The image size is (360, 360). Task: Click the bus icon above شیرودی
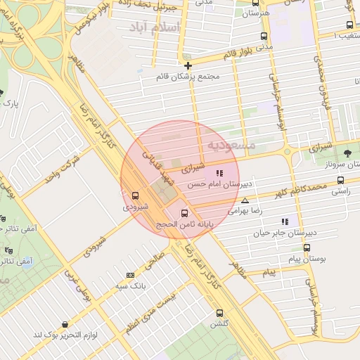[135, 195]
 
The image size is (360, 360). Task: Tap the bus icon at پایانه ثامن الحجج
[186, 212]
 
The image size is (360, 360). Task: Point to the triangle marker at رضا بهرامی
[245, 200]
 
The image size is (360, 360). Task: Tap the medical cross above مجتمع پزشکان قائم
[188, 65]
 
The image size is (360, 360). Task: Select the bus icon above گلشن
[219, 313]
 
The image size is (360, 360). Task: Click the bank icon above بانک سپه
[130, 275]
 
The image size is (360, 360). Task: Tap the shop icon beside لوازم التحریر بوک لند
[65, 325]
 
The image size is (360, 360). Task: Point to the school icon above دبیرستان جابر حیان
[285, 221]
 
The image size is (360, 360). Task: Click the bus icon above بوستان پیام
[307, 248]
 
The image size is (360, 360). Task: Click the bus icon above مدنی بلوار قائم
[264, 36]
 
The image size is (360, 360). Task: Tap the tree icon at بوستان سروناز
[347, 153]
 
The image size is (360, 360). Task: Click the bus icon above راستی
[341, 180]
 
